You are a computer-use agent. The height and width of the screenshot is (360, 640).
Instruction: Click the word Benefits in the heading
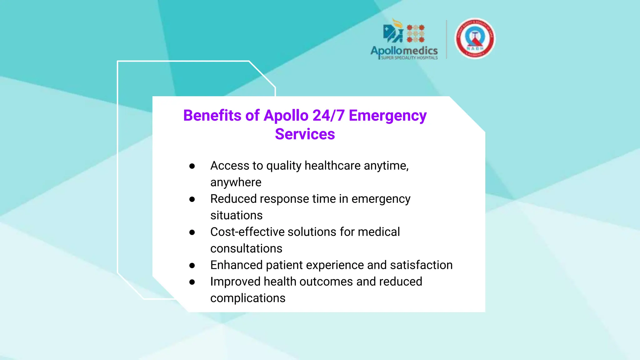[212, 115]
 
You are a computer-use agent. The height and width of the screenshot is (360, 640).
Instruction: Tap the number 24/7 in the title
[328, 115]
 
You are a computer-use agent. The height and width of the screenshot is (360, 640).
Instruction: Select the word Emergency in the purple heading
[387, 116]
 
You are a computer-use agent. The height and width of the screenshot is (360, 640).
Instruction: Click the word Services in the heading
[305, 134]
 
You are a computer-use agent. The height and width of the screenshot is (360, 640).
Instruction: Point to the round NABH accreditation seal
[475, 38]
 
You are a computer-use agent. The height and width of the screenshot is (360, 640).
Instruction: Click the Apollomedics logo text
[404, 51]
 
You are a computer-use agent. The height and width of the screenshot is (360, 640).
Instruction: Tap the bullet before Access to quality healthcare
[192, 166]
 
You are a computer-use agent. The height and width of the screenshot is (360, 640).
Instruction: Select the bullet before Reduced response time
[192, 199]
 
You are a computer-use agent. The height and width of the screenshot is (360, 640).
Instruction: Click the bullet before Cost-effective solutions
[192, 232]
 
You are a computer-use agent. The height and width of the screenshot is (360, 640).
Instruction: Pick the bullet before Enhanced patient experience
[192, 265]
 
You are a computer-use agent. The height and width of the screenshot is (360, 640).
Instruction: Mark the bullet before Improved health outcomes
[192, 282]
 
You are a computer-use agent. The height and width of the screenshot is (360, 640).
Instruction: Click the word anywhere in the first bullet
[236, 182]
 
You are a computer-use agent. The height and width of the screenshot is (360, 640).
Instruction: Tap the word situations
[236, 215]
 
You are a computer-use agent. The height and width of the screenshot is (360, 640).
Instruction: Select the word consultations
[246, 248]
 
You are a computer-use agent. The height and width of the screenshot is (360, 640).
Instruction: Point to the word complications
[248, 298]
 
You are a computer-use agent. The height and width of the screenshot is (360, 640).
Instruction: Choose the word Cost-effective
[247, 232]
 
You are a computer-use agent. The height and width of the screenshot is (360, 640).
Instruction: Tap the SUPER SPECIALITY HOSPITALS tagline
[409, 58]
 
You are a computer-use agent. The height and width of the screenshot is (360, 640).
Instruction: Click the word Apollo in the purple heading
[286, 116]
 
